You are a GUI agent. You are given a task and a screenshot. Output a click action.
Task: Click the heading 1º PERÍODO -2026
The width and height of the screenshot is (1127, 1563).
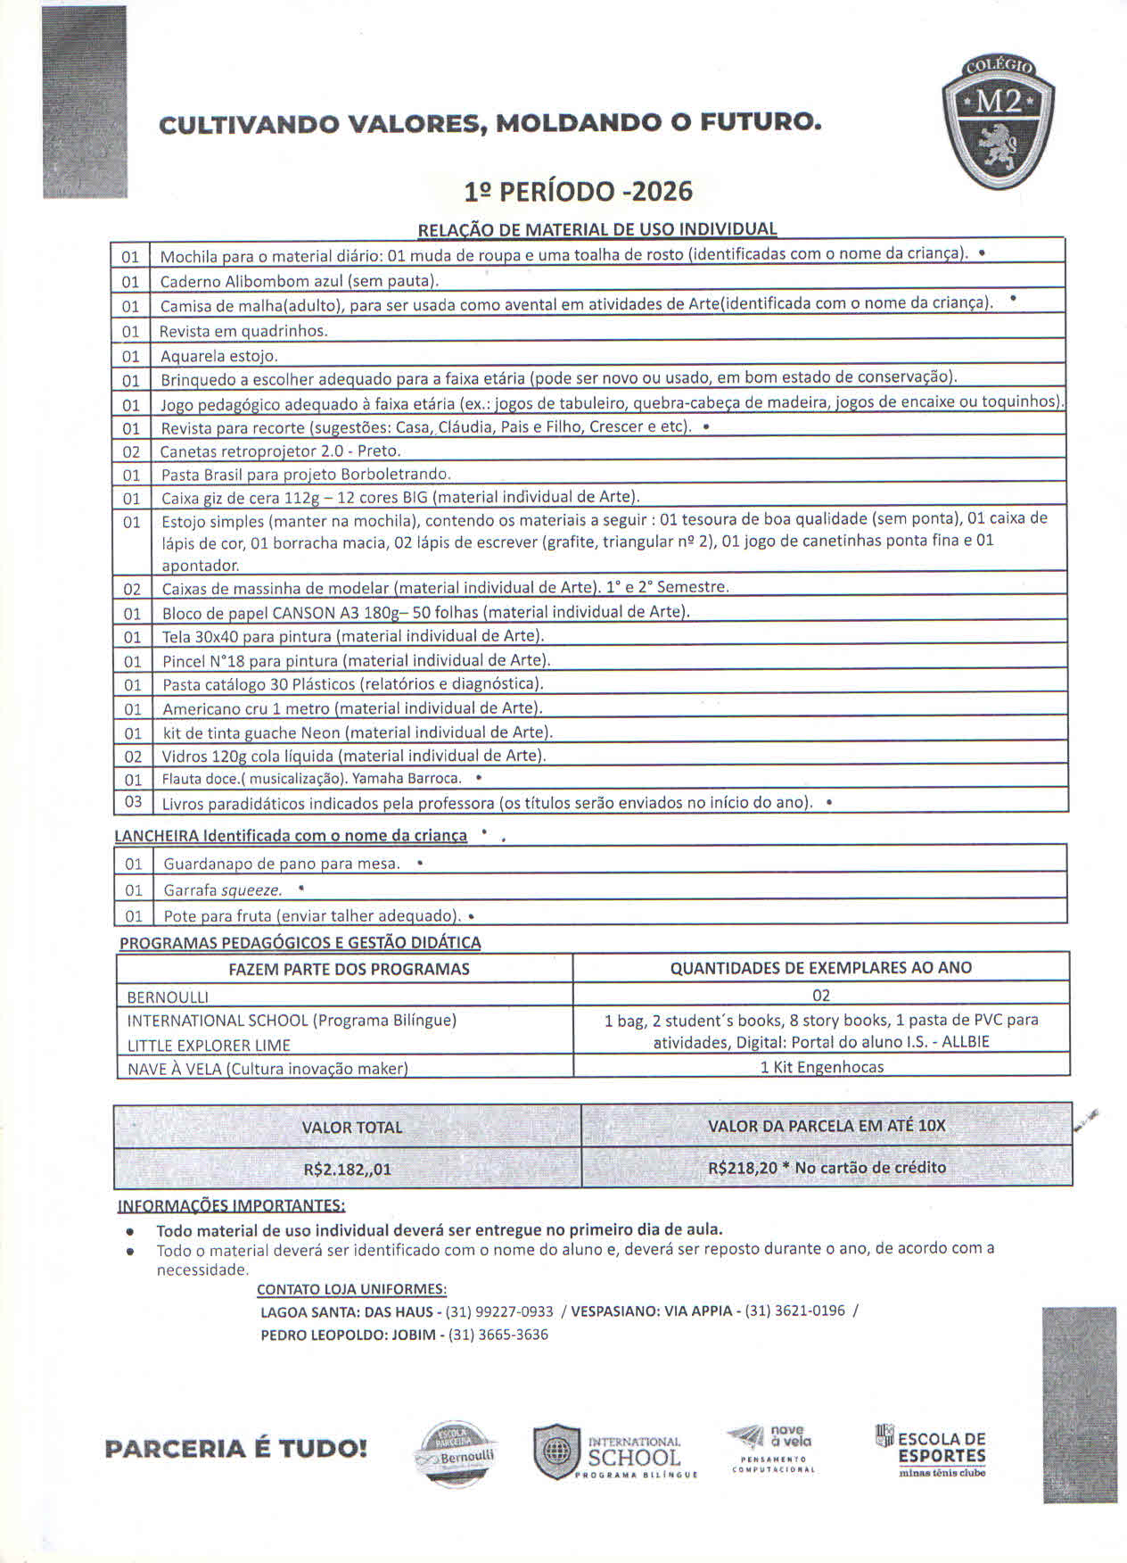(578, 192)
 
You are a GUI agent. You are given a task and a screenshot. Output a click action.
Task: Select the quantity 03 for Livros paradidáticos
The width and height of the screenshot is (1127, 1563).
(133, 801)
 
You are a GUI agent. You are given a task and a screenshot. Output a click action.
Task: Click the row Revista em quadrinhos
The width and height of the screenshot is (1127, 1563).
(244, 331)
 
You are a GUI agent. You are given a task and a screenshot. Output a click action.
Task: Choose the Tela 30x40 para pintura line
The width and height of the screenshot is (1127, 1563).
(353, 636)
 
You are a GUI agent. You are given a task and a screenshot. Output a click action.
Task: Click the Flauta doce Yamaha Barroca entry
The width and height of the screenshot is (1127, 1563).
(312, 778)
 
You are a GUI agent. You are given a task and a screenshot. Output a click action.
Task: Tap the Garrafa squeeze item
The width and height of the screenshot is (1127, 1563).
(223, 890)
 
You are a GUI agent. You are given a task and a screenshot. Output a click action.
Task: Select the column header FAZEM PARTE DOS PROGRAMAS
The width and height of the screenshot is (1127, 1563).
(349, 969)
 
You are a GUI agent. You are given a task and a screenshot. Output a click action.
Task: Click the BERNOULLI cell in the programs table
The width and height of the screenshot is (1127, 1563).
(168, 997)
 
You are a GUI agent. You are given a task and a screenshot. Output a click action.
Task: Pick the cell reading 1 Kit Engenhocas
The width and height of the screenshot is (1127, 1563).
(821, 1067)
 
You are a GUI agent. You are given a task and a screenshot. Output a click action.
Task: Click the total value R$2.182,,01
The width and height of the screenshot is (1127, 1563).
(347, 1169)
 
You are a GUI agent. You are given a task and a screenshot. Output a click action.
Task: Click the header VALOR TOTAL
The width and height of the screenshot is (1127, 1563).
(351, 1128)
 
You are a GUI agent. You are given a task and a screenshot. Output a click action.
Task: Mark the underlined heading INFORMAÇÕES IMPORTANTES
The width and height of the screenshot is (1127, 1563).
(232, 1205)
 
